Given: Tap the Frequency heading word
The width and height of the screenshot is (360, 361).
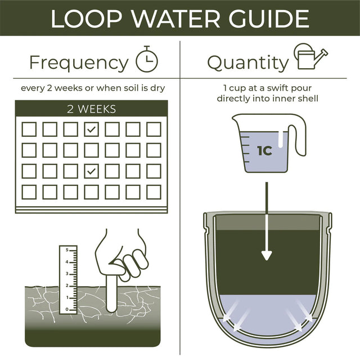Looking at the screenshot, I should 79,62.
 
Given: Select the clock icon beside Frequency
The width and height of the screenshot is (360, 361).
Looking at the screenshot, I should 147,59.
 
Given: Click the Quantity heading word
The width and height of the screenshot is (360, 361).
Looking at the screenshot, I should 247,62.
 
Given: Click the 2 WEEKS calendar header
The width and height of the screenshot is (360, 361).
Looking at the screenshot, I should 91,109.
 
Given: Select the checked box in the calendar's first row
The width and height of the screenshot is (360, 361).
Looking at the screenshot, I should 91,130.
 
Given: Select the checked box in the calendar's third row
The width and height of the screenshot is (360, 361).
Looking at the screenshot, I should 91,171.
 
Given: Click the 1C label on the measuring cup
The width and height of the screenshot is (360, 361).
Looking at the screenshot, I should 265,151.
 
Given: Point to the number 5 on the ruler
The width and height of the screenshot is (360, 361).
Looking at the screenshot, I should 67,249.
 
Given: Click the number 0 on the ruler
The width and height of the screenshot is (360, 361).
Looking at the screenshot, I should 67,309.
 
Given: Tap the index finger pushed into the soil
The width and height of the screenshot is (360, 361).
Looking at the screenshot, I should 111,290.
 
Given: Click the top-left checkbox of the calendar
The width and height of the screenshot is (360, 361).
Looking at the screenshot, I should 29,130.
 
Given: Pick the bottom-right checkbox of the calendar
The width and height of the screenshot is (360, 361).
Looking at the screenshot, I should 154,192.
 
